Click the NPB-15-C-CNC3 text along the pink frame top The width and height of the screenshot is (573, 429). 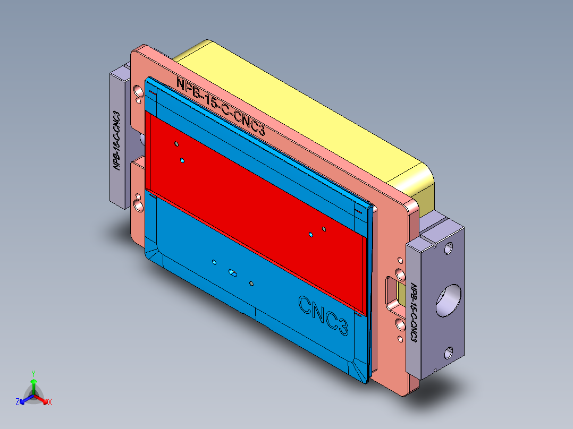pyautogui.click(x=220, y=107)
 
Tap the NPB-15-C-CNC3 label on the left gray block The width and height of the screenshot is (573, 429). pyautogui.click(x=117, y=140)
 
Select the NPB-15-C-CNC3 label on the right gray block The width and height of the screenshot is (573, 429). pyautogui.click(x=413, y=313)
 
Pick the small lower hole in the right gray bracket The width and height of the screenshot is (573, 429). pyautogui.click(x=450, y=351)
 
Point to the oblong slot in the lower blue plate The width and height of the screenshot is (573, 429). pyautogui.click(x=233, y=272)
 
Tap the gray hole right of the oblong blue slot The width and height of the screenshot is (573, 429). pyautogui.click(x=251, y=284)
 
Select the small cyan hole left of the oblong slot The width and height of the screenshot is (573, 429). pyautogui.click(x=214, y=262)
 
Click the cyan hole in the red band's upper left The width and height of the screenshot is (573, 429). pyautogui.click(x=182, y=160)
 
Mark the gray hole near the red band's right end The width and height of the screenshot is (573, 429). pyautogui.click(x=324, y=229)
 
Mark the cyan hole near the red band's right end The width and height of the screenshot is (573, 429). pyautogui.click(x=311, y=234)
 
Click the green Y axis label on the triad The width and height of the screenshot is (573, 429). pyautogui.click(x=33, y=373)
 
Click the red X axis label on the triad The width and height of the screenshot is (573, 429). pyautogui.click(x=50, y=402)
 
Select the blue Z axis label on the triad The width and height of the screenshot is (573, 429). pyautogui.click(x=17, y=402)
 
